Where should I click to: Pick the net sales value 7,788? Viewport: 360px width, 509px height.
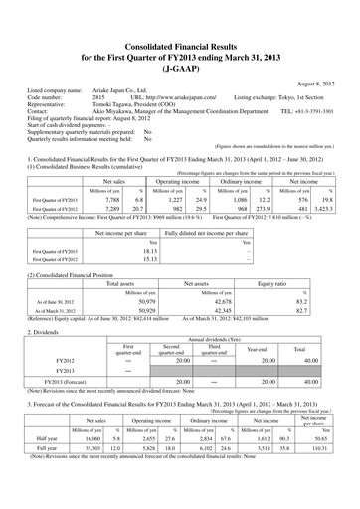(119, 201)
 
